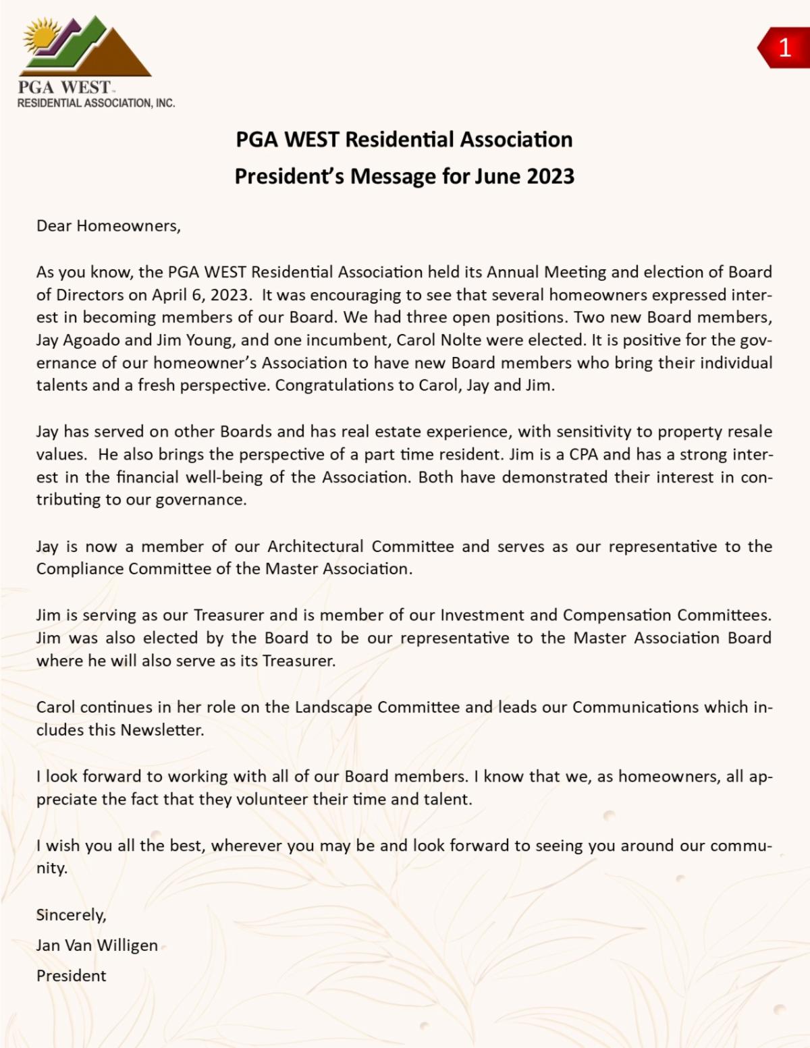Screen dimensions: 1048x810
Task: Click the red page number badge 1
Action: pyautogui.click(x=784, y=48)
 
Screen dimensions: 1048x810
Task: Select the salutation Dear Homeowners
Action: pyautogui.click(x=109, y=226)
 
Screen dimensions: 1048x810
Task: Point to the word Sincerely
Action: pyautogui.click(x=71, y=915)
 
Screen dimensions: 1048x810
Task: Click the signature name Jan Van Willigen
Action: pyautogui.click(x=97, y=945)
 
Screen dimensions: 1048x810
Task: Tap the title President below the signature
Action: pyautogui.click(x=72, y=976)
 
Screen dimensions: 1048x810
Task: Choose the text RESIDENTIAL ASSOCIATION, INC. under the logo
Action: pyautogui.click(x=96, y=103)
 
